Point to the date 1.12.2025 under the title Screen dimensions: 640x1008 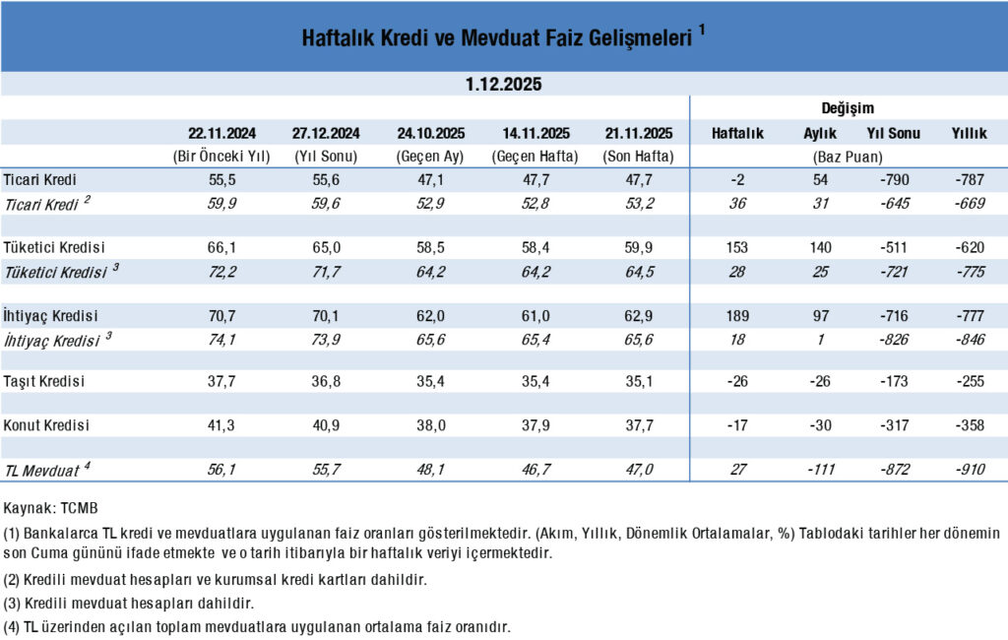point(504,85)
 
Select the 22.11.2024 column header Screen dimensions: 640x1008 point(222,133)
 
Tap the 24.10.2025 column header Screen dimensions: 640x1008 point(430,133)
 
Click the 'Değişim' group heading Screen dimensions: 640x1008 point(848,108)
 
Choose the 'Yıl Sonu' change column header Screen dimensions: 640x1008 point(893,133)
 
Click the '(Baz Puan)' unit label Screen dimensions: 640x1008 point(848,157)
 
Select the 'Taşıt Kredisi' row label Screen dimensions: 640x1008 point(46,382)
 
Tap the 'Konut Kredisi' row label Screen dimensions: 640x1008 point(46,425)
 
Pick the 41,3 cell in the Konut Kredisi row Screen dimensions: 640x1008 point(222,425)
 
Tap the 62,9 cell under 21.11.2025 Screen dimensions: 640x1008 point(638,316)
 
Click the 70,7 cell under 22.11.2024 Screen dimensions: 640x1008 point(222,316)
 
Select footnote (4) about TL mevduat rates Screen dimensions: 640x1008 point(258,627)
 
